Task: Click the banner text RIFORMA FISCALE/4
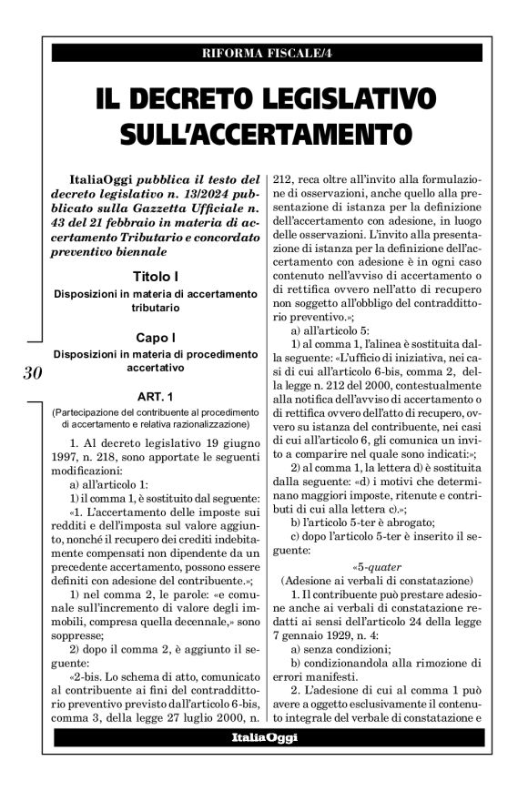tap(263, 52)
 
